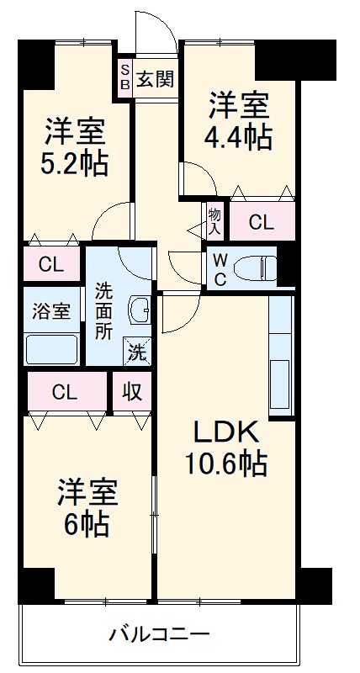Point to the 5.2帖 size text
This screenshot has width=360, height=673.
point(76,162)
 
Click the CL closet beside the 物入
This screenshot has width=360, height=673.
point(262,223)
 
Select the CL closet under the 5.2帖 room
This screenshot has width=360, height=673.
point(51,266)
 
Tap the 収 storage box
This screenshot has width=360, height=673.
point(133,391)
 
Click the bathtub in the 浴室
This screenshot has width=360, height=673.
point(52,348)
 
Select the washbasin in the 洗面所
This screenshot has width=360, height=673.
point(140,311)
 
